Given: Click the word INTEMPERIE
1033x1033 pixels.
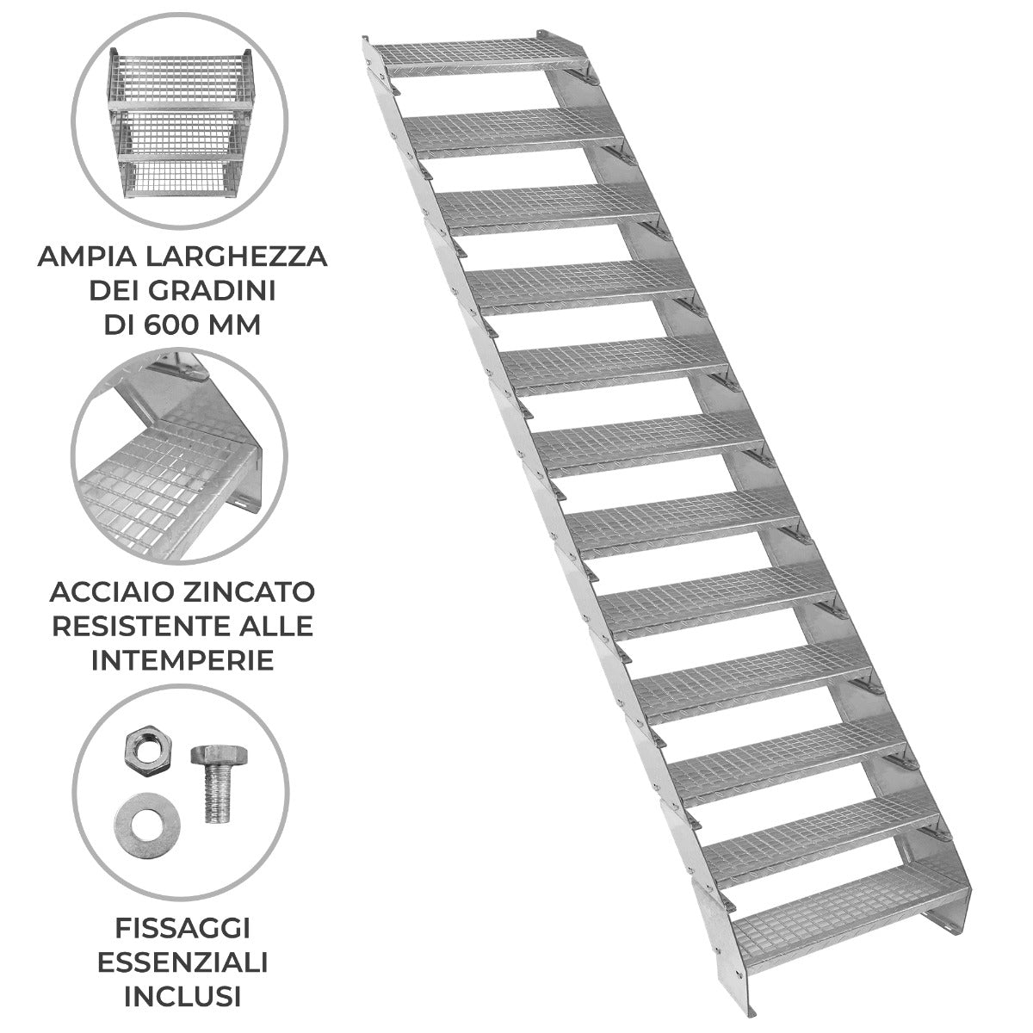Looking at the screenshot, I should tap(182, 660).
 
